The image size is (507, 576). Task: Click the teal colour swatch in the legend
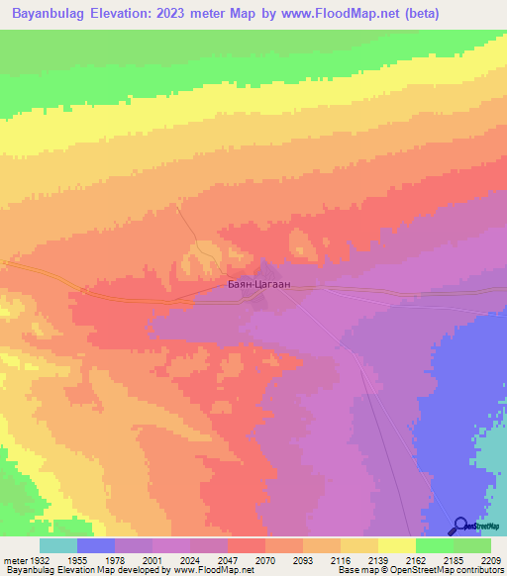click(58, 545)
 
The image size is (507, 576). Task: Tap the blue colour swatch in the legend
click(96, 545)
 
